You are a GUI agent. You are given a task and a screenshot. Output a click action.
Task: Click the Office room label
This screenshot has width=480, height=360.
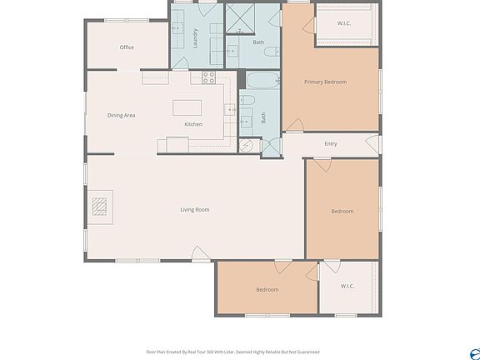pyautogui.click(x=127, y=47)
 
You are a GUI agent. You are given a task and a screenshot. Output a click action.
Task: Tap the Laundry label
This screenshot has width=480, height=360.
pyautogui.click(x=195, y=40)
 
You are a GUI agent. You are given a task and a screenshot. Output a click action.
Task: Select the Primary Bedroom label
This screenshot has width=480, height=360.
pyautogui.click(x=325, y=82)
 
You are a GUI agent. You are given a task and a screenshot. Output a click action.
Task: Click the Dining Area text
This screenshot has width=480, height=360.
pyautogui.click(x=121, y=115)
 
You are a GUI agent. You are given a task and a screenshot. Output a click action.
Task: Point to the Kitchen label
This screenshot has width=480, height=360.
pyautogui.click(x=193, y=124)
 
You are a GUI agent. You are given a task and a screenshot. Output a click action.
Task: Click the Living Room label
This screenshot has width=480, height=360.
pyautogui.click(x=194, y=209)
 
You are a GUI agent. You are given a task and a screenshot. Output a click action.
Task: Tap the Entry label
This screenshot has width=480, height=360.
pyautogui.click(x=331, y=144)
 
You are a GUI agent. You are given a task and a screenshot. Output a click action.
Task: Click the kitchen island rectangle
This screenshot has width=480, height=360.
pyautogui.click(x=188, y=107)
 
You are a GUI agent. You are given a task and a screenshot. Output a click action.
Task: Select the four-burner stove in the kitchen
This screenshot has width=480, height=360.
pyautogui.click(x=208, y=77)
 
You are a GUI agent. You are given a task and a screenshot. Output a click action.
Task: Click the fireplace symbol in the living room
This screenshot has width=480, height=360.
pyautogui.click(x=100, y=206)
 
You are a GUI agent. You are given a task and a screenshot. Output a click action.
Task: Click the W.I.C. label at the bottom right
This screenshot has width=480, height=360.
pyautogui.click(x=347, y=286)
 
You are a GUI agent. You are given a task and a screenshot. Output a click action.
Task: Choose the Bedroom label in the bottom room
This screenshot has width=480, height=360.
pyautogui.click(x=267, y=289)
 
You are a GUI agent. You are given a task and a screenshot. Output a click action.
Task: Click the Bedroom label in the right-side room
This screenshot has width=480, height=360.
pyautogui.click(x=342, y=211)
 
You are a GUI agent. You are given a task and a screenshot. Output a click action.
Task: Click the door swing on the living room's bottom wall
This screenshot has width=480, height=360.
pyautogui.click(x=200, y=254)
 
